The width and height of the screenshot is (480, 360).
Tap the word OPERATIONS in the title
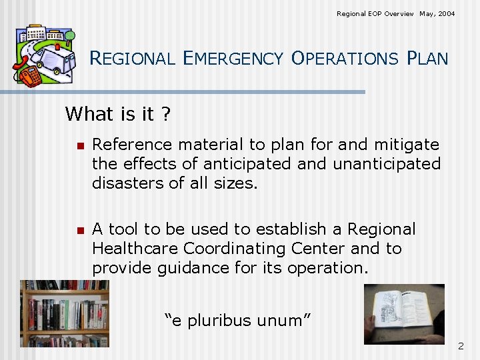pyautogui.click(x=344, y=59)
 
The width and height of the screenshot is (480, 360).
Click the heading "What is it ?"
pyautogui.click(x=117, y=114)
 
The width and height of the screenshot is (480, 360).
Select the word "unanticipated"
pyautogui.click(x=387, y=163)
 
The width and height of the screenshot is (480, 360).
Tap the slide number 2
pyautogui.click(x=460, y=346)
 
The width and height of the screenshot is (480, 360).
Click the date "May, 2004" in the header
pyautogui.click(x=437, y=13)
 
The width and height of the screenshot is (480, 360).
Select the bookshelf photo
pyautogui.click(x=65, y=313)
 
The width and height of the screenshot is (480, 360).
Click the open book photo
pyautogui.click(x=403, y=313)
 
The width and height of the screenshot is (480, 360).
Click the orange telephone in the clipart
pyautogui.click(x=29, y=75)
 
